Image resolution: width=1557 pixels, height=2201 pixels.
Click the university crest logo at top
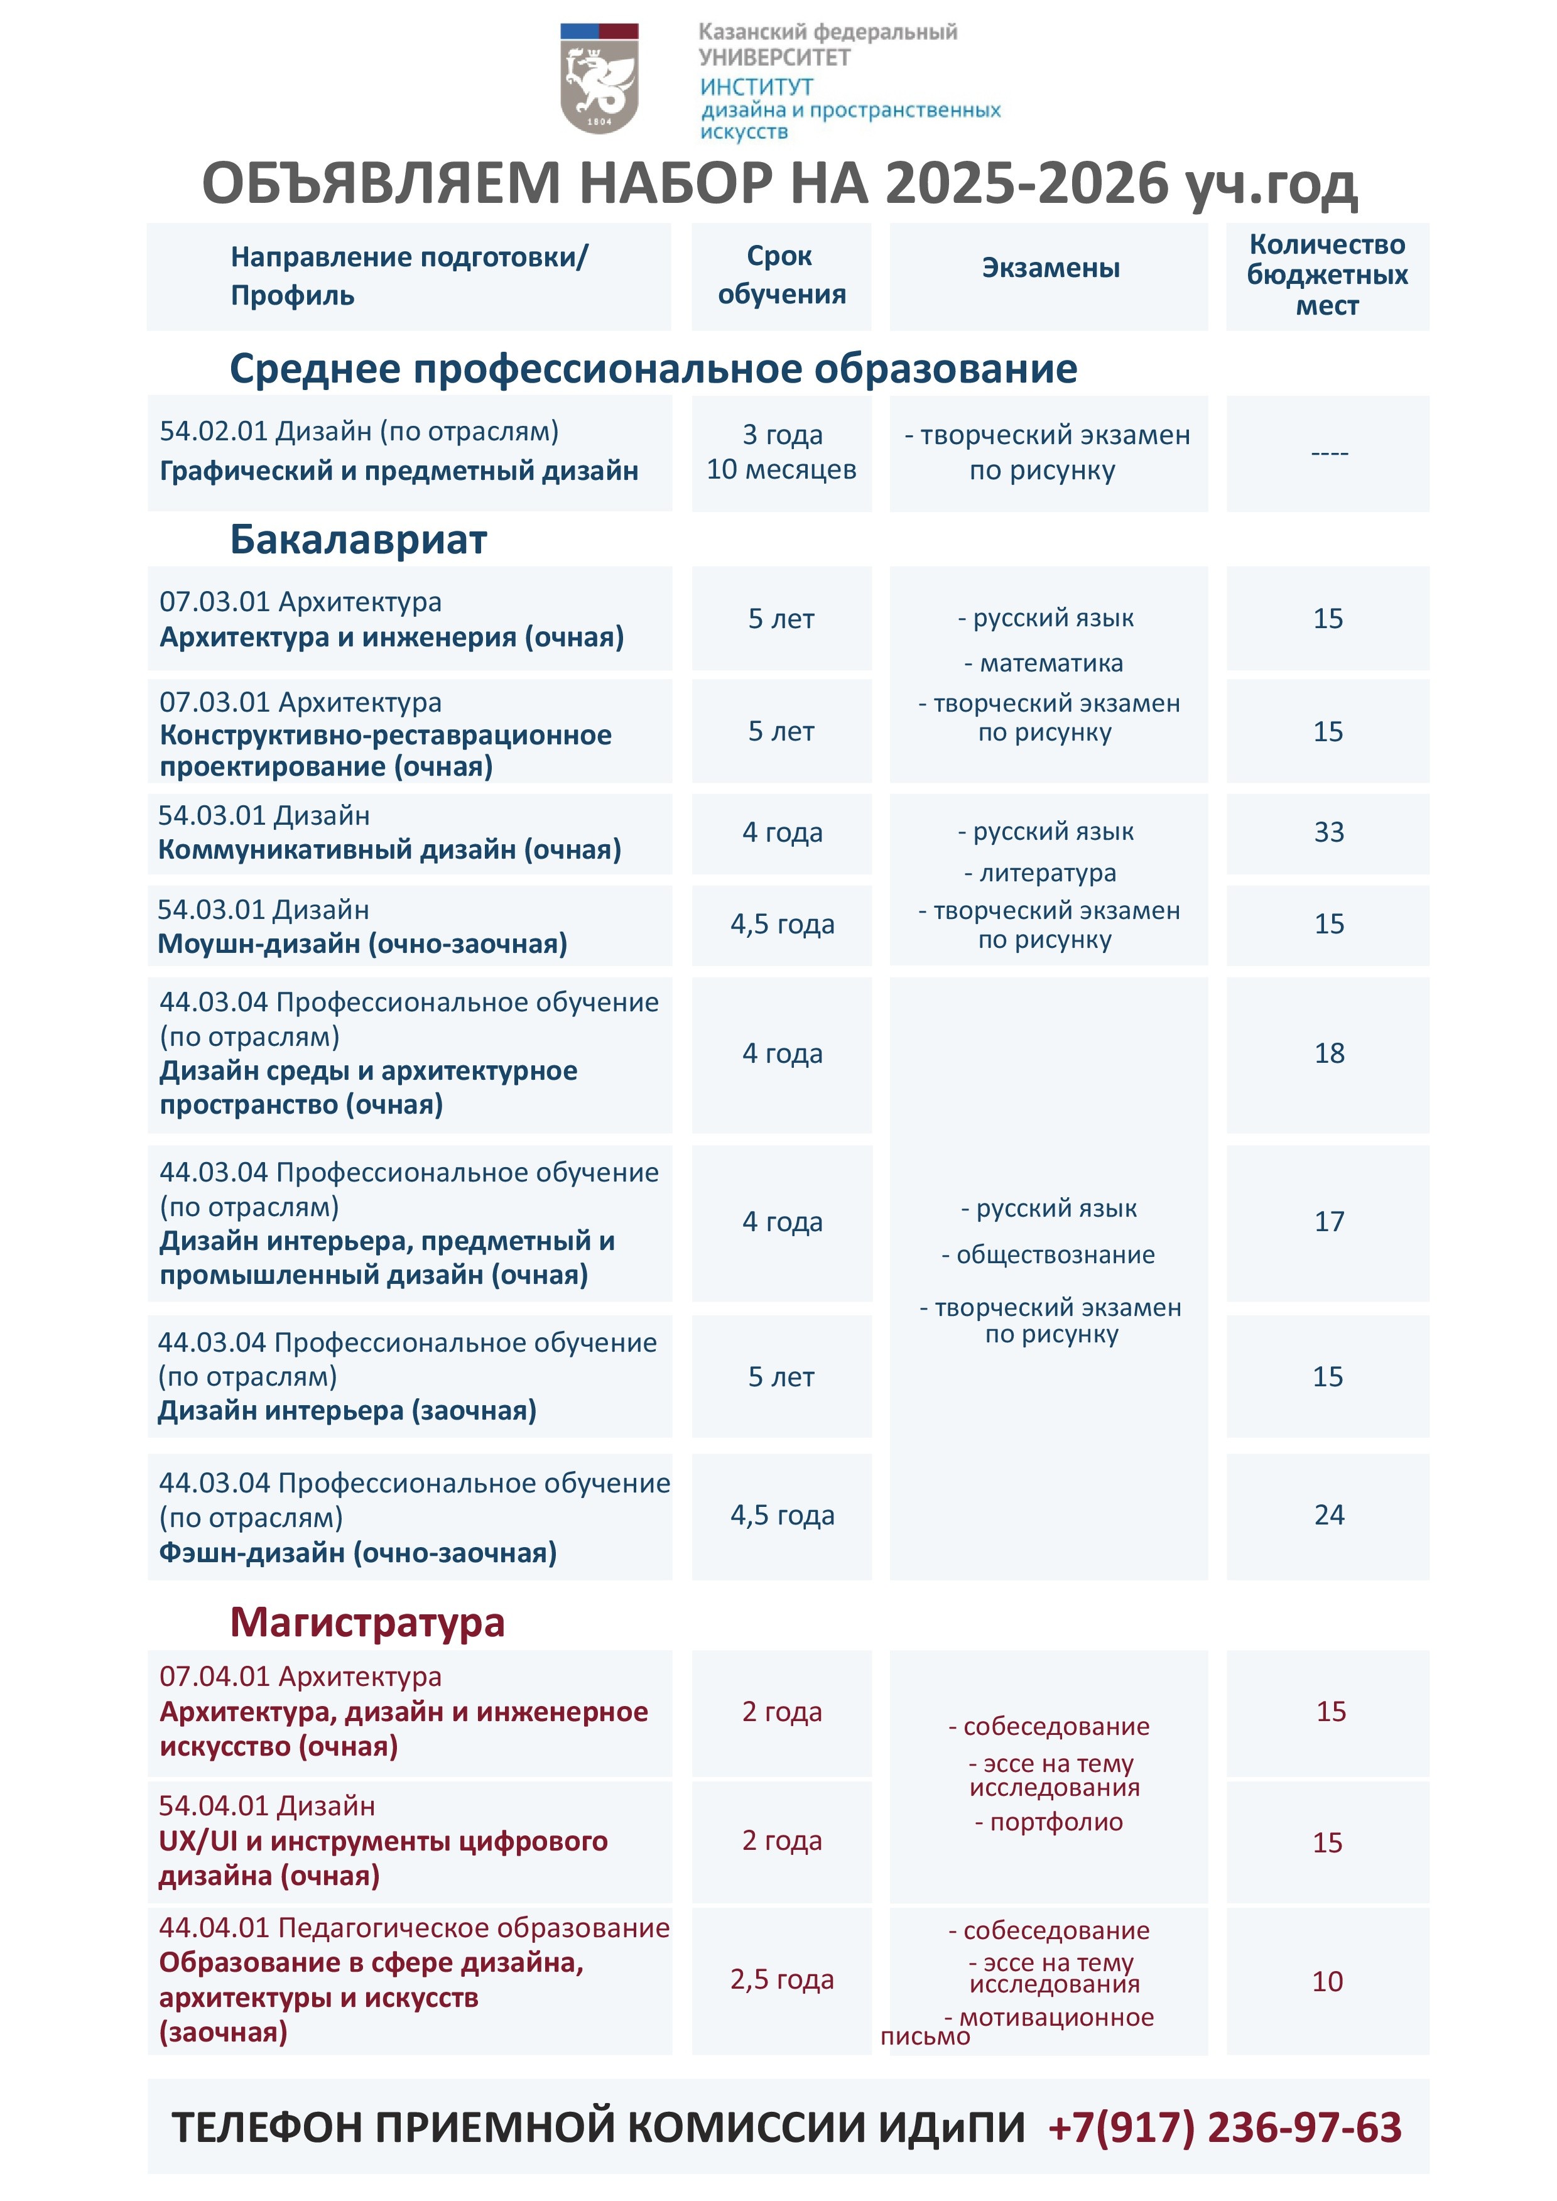[599, 79]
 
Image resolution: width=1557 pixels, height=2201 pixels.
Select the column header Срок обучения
[781, 275]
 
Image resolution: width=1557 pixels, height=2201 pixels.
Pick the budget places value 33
[1329, 832]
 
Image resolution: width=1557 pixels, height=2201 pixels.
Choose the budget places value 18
[1329, 1053]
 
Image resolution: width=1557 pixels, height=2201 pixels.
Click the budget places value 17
[1329, 1221]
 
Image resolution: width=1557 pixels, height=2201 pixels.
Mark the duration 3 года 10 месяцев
[781, 452]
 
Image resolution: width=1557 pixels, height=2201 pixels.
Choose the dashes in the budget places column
[1329, 452]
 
